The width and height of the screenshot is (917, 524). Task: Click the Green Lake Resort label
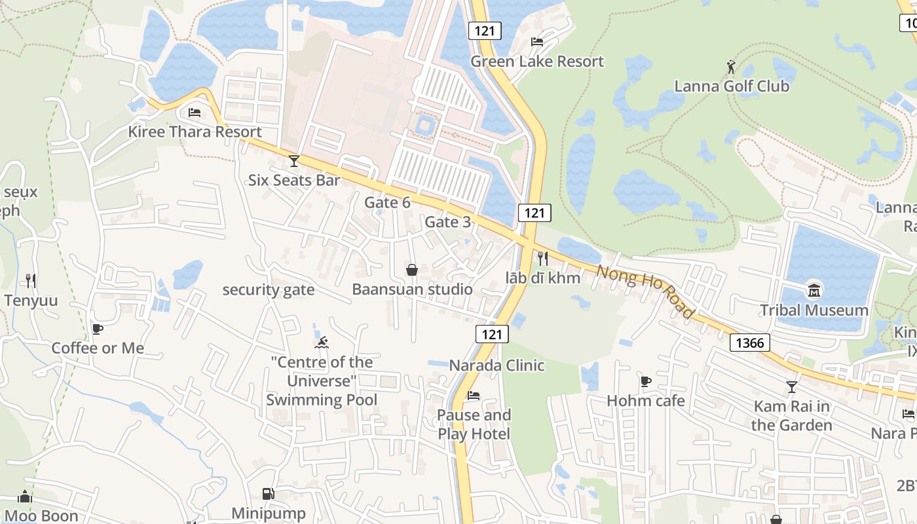coord(537,62)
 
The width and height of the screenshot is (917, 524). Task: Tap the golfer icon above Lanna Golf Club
coord(732,67)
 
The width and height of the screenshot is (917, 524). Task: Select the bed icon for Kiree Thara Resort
coord(195,113)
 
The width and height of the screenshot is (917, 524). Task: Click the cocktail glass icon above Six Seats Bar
coord(294,160)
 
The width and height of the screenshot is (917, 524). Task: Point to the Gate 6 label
coord(387,202)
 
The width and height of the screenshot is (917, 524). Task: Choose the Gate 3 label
coord(447,222)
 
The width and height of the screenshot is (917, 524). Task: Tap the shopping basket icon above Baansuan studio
coord(412,270)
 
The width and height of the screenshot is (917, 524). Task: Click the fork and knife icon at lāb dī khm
coord(542,258)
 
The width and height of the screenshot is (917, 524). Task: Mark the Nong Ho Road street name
coord(645,291)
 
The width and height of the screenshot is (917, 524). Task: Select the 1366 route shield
coord(749,343)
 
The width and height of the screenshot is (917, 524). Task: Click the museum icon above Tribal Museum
coord(814,291)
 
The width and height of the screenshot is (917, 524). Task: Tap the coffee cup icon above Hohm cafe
coord(646,381)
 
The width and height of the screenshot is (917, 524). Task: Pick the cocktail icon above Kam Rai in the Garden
coord(792,387)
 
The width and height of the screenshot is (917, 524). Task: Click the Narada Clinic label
coord(496,365)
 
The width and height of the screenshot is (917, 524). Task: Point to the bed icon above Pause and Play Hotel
coord(474,396)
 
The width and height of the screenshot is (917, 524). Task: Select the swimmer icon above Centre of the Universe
coord(322,343)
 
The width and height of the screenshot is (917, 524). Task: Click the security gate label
coord(269,290)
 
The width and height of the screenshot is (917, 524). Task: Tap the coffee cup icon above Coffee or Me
coord(98,329)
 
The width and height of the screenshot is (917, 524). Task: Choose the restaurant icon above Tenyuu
coord(31,281)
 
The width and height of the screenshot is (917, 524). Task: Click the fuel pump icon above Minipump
coord(268,494)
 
